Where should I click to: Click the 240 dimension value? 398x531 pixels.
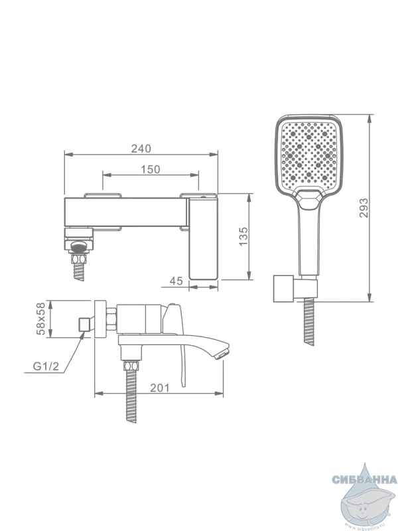pos(141,148)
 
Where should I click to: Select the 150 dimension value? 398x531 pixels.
pos(151,169)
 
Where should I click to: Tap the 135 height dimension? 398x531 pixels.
pos(243,236)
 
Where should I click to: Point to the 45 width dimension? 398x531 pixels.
pos(176,281)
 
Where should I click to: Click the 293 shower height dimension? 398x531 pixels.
pos(364,208)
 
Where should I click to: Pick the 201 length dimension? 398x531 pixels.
pos(160,388)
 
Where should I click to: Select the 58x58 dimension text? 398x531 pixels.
pos(41,319)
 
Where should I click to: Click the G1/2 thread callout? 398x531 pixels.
pos(46,366)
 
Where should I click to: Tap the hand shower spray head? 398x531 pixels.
pos(308,158)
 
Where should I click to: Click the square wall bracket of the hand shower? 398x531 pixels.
pos(283,288)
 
